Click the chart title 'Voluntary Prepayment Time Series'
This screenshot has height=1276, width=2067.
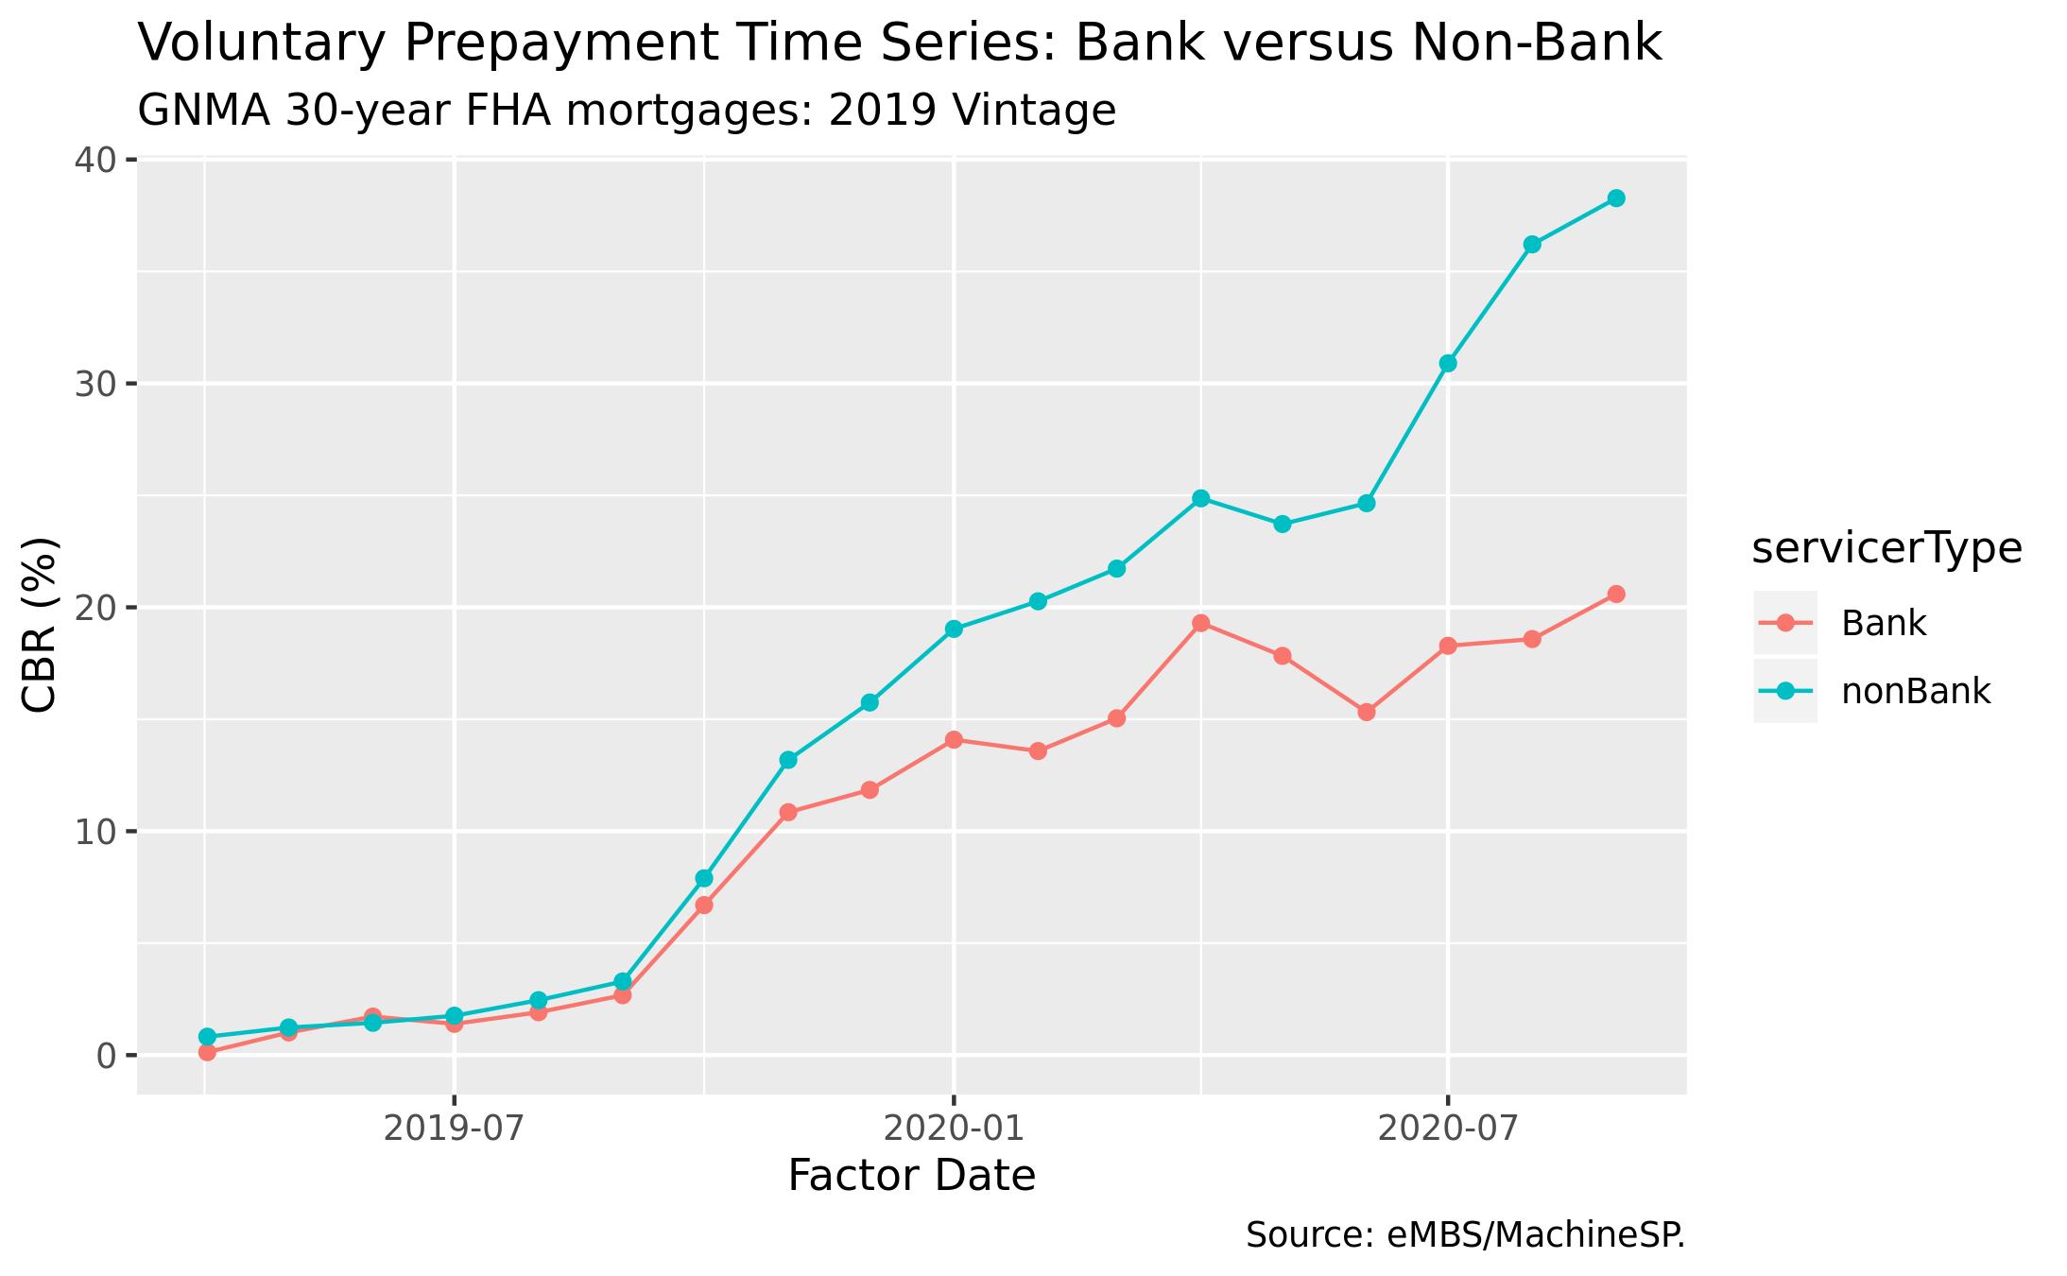tap(899, 43)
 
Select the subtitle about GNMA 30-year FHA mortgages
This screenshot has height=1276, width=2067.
tap(627, 112)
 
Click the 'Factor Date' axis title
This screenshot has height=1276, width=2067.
tap(911, 1177)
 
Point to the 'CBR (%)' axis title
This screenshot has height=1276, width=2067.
tap(41, 625)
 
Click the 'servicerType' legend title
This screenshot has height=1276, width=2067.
tap(1886, 549)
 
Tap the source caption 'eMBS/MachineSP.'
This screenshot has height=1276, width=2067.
tap(1465, 1235)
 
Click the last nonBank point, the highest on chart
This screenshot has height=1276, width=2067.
tap(1616, 198)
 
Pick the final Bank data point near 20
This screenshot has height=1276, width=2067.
tap(1616, 594)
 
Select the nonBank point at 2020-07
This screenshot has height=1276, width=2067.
tap(1447, 363)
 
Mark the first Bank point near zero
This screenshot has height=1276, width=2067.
tap(207, 1052)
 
